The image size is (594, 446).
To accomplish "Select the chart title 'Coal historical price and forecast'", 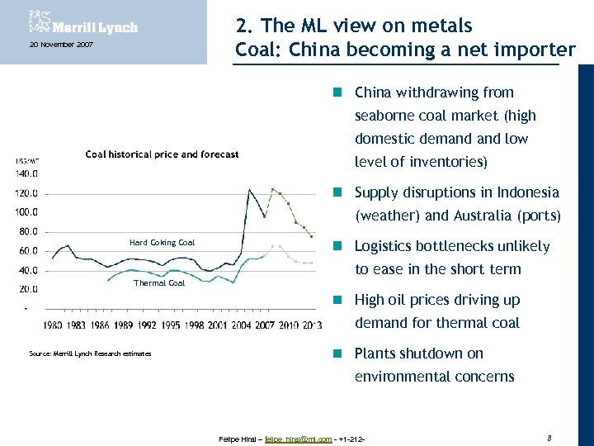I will [x=162, y=154].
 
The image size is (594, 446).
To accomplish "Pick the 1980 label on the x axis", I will [x=53, y=325].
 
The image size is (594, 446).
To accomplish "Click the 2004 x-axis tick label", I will [x=241, y=325].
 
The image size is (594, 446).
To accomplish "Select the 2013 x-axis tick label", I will [x=312, y=325].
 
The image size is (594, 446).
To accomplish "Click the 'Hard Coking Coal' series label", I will [x=162, y=243].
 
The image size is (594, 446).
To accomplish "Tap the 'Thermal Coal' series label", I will [x=159, y=283].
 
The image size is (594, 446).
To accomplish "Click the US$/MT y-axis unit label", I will [x=27, y=161].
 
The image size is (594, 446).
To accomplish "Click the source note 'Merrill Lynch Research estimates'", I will [x=90, y=353].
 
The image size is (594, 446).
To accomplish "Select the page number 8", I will [x=549, y=434].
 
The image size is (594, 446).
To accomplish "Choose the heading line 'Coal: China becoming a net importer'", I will [x=404, y=49].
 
